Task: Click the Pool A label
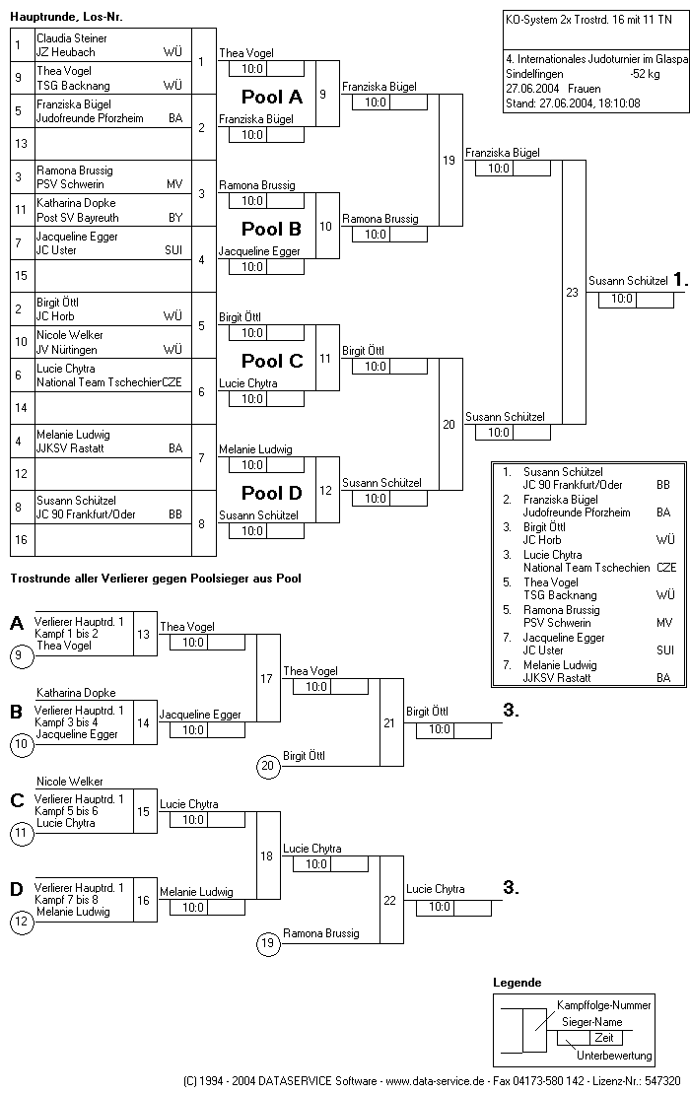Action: pos(272,97)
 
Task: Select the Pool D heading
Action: pos(272,493)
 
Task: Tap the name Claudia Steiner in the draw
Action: pos(72,38)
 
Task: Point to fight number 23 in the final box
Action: pos(572,293)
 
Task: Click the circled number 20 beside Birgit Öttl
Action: pos(268,766)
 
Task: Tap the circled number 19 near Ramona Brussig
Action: pos(268,943)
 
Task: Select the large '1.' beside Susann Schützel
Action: pos(680,281)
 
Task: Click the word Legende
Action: pos(517,983)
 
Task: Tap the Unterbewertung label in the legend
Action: pos(614,1056)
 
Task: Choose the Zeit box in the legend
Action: pos(603,1038)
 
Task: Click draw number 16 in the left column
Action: pos(21,539)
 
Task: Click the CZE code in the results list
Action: pos(666,568)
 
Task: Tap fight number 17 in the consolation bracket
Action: pos(266,678)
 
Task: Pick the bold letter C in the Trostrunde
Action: pos(18,800)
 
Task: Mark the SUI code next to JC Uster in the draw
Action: pos(173,249)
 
